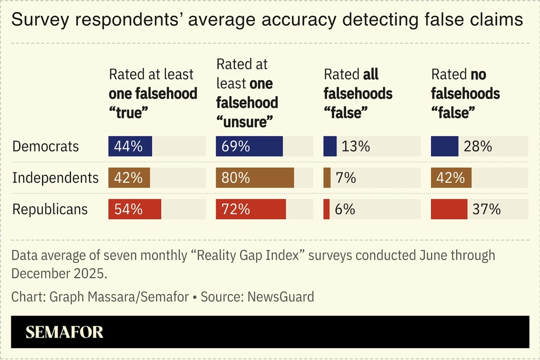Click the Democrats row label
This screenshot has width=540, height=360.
pyautogui.click(x=45, y=147)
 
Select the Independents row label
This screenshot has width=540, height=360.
pyautogui.click(x=55, y=178)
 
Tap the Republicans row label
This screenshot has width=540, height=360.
pyautogui.click(x=50, y=209)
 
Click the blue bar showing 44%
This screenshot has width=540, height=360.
pyautogui.click(x=130, y=147)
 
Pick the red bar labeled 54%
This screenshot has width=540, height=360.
pyautogui.click(x=135, y=209)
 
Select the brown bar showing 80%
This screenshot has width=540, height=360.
pyautogui.click(x=255, y=178)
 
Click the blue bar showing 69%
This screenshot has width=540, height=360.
pyautogui.click(x=249, y=147)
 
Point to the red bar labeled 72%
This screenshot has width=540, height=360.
pyautogui.click(x=251, y=209)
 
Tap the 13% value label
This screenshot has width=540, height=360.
pyautogui.click(x=356, y=147)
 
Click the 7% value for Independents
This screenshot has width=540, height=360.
pyautogui.click(x=345, y=178)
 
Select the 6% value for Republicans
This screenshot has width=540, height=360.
pyautogui.click(x=345, y=209)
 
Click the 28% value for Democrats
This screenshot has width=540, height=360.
pyautogui.click(x=478, y=147)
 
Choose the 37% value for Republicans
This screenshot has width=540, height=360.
pyautogui.click(x=487, y=209)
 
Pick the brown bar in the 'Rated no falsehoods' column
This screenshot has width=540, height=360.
pyautogui.click(x=451, y=178)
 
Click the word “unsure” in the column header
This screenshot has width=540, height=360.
pyautogui.click(x=245, y=122)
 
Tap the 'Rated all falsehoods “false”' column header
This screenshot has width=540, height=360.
pyautogui.click(x=358, y=93)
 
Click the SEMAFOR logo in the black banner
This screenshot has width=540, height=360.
pyautogui.click(x=64, y=332)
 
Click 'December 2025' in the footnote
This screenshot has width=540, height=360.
pyautogui.click(x=59, y=273)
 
